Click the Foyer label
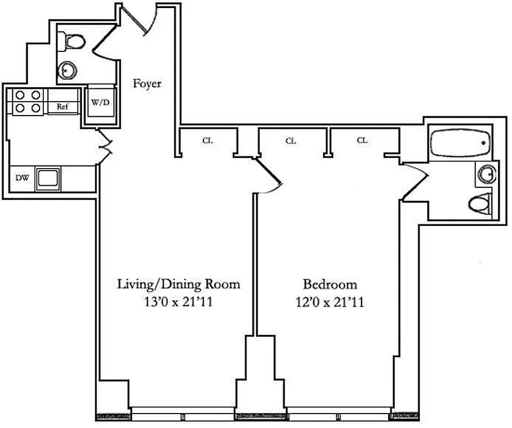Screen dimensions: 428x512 tap(147, 83)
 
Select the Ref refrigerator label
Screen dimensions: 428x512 tap(63, 106)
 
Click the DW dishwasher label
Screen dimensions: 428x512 tap(21, 178)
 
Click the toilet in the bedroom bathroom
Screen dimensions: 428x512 tap(481, 204)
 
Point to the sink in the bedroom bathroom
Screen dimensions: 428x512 tap(486, 173)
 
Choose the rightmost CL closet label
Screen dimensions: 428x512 tap(362, 141)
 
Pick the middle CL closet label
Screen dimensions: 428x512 tap(291, 141)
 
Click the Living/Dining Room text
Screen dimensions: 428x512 tap(179, 284)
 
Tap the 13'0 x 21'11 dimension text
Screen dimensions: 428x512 tap(179, 302)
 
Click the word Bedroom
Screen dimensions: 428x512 tap(330, 284)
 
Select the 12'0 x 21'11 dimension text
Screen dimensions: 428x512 tap(330, 302)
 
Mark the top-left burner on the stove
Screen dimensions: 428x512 tap(21, 95)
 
